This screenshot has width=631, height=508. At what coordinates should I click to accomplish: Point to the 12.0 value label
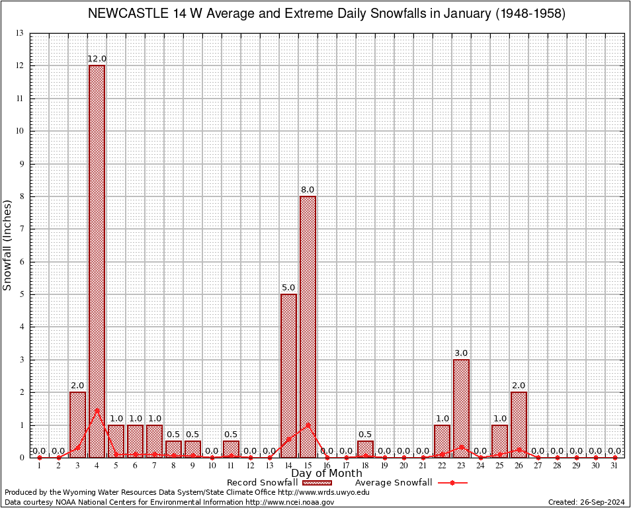pos(97,59)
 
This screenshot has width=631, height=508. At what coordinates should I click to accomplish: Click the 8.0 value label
pos(308,190)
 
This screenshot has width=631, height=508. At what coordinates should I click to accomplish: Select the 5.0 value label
pos(288,288)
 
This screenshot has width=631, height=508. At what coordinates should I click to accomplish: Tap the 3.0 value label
pos(461,353)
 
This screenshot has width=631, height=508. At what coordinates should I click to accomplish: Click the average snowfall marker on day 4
pos(97,409)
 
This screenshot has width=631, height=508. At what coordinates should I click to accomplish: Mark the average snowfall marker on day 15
pos(308,425)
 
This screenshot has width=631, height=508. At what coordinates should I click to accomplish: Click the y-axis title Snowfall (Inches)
pos(8,245)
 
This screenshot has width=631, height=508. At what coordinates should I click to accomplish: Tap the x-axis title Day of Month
pos(326,474)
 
